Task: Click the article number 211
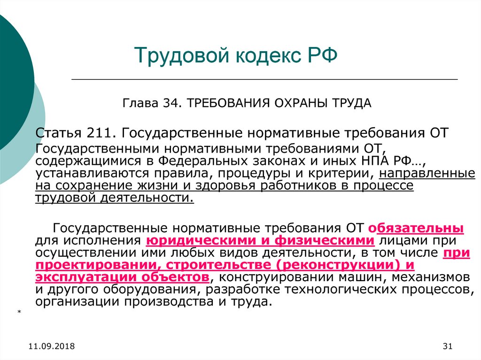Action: coord(101,133)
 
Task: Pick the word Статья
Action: coord(58,133)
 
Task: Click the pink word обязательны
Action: coord(416,228)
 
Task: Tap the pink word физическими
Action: coord(324,241)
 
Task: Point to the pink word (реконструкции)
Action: coord(339,265)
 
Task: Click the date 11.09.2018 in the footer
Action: coord(52,346)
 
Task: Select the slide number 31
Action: coord(448,346)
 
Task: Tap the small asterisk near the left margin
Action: coord(19,312)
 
